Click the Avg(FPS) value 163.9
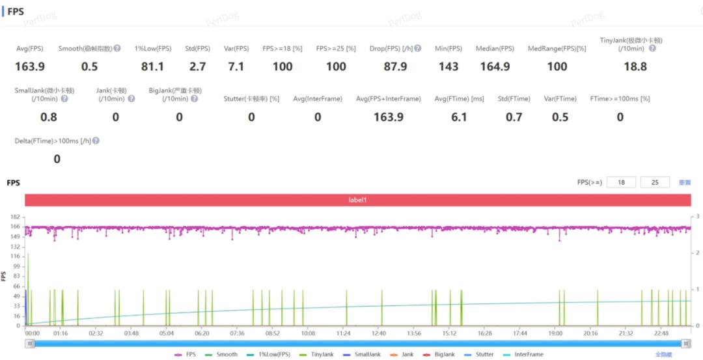30,66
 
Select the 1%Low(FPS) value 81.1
152,66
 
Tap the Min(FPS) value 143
448,66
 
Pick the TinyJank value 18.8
635,66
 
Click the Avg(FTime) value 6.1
459,117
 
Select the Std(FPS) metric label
198,49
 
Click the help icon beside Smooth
117,49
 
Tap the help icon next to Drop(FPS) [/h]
417,49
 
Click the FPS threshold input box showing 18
621,183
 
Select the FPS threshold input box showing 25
655,183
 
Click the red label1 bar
357,201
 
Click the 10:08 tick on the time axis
307,333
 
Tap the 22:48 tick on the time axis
661,333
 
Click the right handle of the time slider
685,343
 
